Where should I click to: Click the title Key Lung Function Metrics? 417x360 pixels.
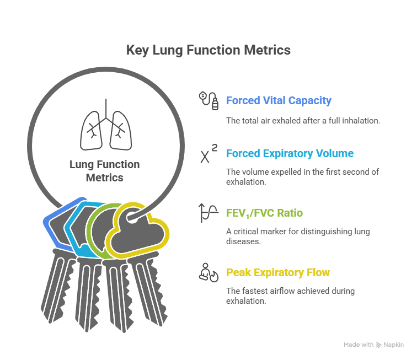pyautogui.click(x=208, y=50)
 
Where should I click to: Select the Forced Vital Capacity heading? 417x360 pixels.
pyautogui.click(x=279, y=101)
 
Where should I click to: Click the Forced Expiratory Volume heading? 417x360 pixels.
pyautogui.click(x=290, y=154)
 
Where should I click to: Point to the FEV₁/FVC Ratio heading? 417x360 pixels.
pyautogui.click(x=264, y=213)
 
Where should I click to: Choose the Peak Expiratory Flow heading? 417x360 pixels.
pyautogui.click(x=278, y=272)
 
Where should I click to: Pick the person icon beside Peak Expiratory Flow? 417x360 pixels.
pyautogui.click(x=208, y=272)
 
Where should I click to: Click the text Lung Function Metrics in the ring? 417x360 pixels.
pyautogui.click(x=105, y=171)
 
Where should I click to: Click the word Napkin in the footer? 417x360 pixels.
pyautogui.click(x=394, y=345)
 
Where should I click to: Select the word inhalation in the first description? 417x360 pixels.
pyautogui.click(x=359, y=120)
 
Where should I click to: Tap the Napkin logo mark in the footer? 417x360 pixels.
pyautogui.click(x=379, y=345)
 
